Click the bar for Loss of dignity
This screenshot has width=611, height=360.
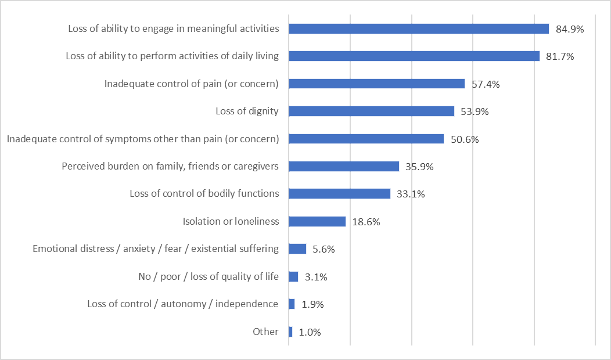click(371, 111)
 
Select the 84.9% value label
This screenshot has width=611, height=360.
click(569, 28)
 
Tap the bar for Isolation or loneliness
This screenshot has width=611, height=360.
click(317, 221)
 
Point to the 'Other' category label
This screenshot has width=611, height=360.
click(265, 332)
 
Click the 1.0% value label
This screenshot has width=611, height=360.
click(310, 332)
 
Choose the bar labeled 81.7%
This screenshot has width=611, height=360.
click(414, 56)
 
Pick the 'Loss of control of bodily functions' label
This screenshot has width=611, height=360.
click(204, 193)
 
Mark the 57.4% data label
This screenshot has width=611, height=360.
click(486, 84)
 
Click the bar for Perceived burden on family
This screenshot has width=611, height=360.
click(344, 166)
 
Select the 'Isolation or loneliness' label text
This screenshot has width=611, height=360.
click(231, 221)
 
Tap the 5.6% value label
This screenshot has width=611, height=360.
click(323, 249)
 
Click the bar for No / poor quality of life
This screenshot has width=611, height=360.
click(293, 276)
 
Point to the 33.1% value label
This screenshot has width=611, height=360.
click(411, 194)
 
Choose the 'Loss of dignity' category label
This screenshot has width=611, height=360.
click(247, 111)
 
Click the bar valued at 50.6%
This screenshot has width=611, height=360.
click(366, 139)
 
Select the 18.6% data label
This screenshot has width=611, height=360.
click(366, 222)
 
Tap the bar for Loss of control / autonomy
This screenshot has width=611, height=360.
click(292, 304)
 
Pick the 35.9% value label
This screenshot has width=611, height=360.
click(419, 167)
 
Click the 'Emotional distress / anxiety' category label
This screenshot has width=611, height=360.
click(156, 249)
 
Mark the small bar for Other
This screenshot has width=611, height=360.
click(290, 332)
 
